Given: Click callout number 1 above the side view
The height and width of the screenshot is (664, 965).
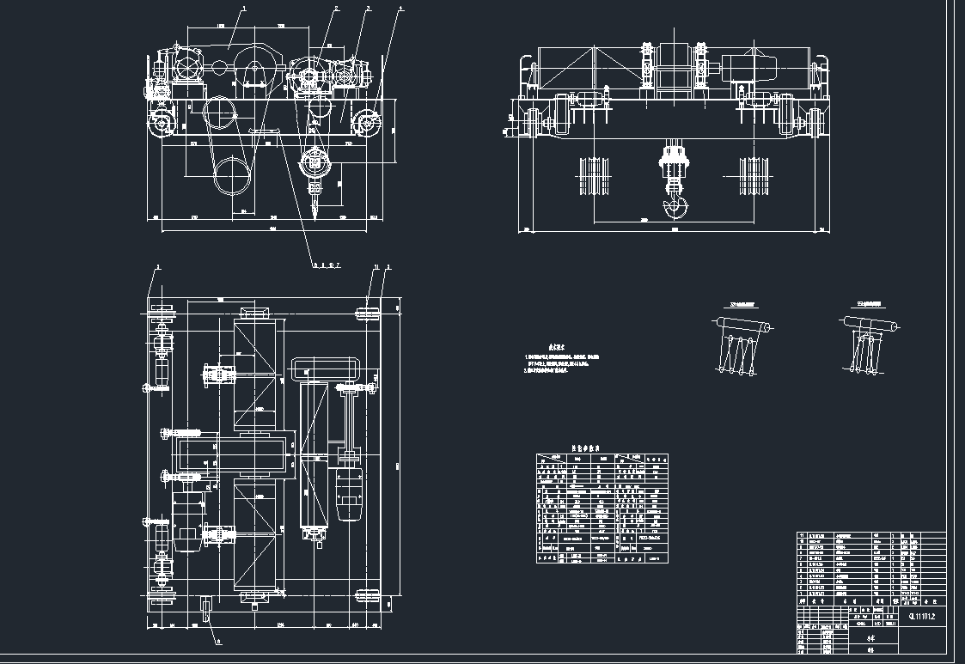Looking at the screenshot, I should pos(245,8).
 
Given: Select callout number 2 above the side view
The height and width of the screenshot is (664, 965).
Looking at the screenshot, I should pos(336,9).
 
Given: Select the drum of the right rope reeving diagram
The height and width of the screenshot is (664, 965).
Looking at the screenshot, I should pos(872,325).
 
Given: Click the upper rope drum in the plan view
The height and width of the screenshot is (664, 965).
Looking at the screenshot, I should pos(257,369).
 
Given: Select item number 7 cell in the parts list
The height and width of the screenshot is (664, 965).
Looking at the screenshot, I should pos(802,563).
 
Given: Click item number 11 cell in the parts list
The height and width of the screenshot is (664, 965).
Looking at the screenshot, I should pos(802,535).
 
